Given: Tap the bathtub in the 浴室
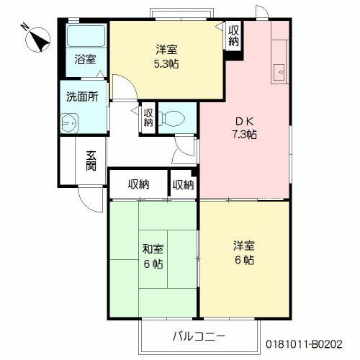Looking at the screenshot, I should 86,36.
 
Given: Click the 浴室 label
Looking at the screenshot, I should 85,60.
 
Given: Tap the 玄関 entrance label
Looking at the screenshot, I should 91,160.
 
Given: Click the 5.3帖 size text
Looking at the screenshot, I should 166,63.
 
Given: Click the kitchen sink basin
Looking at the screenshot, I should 279,71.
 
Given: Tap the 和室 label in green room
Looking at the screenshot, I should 152,250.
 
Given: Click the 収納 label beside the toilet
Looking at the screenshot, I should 148,117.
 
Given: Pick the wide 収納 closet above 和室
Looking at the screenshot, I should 138,184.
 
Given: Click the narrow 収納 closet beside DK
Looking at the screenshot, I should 183,184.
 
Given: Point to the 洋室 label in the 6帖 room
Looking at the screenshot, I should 243,246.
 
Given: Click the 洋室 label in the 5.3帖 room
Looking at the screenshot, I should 166,49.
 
